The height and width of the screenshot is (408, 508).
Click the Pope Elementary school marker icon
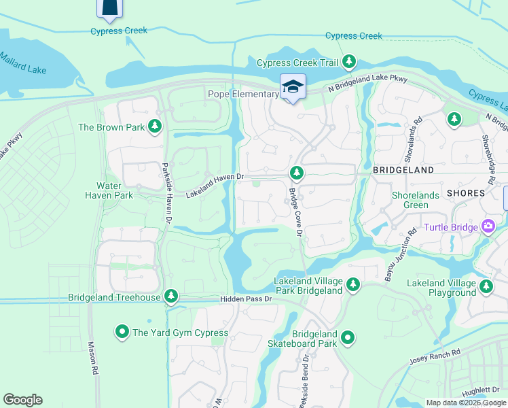pyautogui.click(x=293, y=87)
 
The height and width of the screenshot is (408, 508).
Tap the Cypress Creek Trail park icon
pyautogui.click(x=349, y=63)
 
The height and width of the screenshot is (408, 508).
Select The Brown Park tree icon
pyautogui.click(x=156, y=126)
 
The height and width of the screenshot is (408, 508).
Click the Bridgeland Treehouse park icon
pyautogui.click(x=173, y=296)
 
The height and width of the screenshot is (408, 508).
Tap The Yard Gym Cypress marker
pyautogui.click(x=122, y=332)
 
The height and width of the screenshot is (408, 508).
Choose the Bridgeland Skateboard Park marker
pyautogui.click(x=348, y=337)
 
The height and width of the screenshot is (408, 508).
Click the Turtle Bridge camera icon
pyautogui.click(x=487, y=226)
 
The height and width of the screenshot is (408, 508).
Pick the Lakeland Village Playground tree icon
pyautogui.click(x=486, y=287)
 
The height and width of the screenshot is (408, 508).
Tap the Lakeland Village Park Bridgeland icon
pyautogui.click(x=352, y=285)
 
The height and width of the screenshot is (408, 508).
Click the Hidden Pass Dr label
pyautogui.click(x=245, y=299)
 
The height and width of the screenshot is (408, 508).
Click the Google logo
pyautogui.click(x=22, y=399)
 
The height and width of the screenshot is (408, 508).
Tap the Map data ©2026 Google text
pyautogui.click(x=465, y=403)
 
